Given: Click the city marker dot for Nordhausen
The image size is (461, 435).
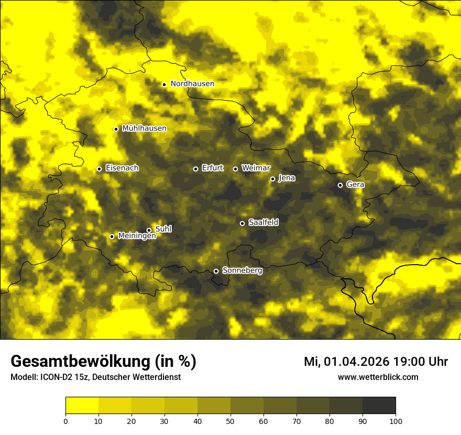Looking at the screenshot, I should pos(164,84).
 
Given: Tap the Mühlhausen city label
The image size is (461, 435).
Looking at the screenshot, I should pos(144,128).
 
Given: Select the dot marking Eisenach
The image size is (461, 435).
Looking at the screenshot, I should pos(99,169).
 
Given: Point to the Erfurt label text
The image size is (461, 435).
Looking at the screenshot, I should pos(212,168).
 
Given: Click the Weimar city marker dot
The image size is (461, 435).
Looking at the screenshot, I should pos(235,169).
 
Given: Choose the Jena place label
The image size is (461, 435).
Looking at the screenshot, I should pos(287,178).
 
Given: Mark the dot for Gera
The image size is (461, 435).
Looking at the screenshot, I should pos(340,185).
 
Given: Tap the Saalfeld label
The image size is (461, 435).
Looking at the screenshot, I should pos(263,223).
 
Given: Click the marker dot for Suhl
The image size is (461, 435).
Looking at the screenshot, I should pos(149,230).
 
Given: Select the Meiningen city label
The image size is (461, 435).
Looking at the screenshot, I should pos(137,236).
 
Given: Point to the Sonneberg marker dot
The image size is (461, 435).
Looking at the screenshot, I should pos(216,271).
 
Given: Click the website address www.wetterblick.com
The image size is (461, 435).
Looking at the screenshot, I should pos(378,377).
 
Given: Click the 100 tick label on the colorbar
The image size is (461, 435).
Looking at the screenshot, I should pos(396,420).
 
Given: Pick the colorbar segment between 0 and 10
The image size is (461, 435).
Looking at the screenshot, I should pos(82,406).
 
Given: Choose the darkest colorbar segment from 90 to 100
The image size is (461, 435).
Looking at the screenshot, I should pos(379,406).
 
